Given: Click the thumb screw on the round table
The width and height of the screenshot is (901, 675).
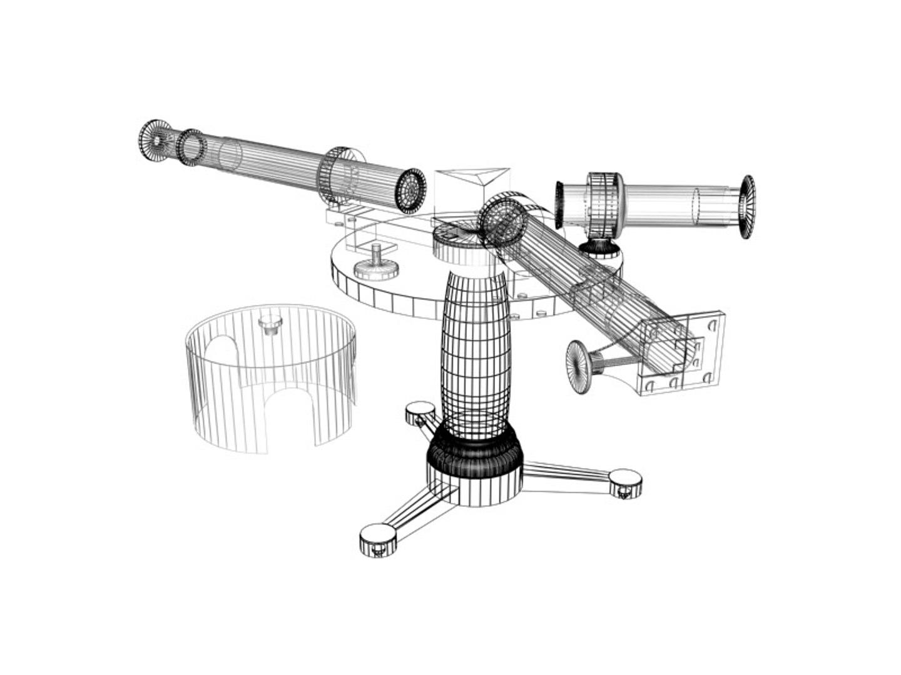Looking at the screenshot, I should (377, 263).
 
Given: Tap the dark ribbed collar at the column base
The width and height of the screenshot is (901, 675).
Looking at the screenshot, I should (474, 453).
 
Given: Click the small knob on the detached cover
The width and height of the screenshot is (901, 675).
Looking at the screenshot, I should (270, 324).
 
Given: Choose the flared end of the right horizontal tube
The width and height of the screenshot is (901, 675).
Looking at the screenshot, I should (747, 206).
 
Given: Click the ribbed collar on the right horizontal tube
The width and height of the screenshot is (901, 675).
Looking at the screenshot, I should (604, 203).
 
